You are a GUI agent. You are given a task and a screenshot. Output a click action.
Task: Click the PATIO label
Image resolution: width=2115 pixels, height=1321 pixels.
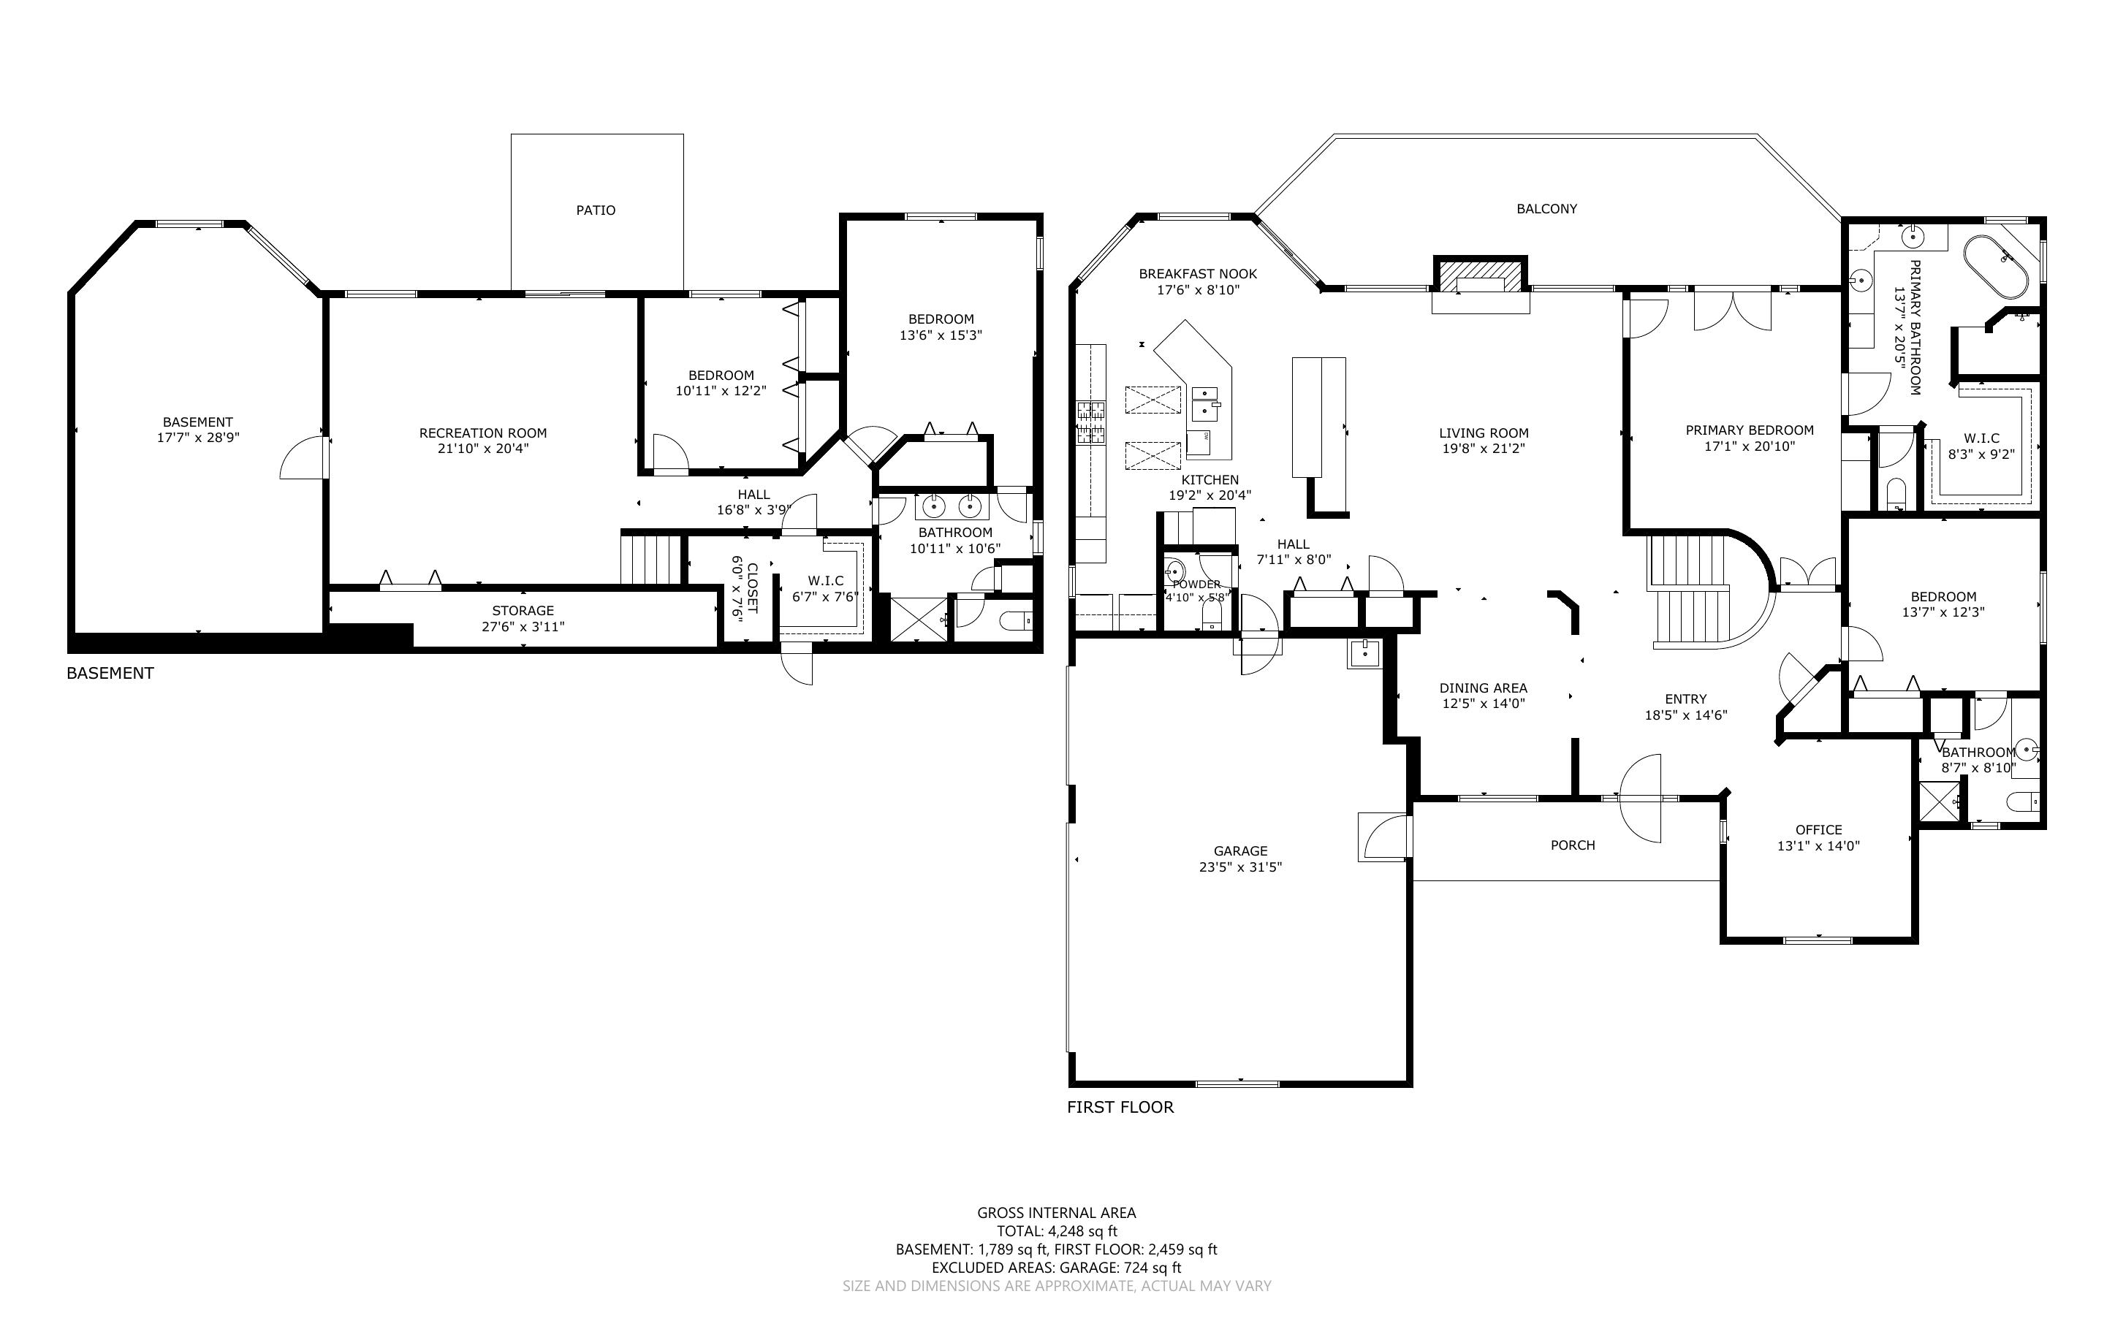(596, 210)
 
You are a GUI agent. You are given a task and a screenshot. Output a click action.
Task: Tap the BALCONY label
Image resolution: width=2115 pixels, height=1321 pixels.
(1546, 209)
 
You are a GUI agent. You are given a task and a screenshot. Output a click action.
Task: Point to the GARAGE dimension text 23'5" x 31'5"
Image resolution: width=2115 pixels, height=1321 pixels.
(1240, 867)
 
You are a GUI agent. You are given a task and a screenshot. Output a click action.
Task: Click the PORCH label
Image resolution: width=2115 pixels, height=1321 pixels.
(1573, 845)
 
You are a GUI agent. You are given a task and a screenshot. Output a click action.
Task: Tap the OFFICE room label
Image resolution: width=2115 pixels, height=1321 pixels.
(1819, 830)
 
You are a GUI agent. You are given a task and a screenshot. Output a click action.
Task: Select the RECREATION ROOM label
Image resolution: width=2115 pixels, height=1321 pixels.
(483, 433)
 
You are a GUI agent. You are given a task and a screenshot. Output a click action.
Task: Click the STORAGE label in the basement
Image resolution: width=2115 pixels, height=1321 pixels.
(523, 611)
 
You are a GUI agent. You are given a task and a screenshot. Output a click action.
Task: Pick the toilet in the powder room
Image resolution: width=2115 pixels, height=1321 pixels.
(1212, 615)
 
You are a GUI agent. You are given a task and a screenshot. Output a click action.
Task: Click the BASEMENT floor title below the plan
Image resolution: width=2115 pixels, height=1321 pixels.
(110, 673)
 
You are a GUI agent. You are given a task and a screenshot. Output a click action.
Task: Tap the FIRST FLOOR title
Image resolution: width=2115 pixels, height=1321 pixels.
(1120, 1107)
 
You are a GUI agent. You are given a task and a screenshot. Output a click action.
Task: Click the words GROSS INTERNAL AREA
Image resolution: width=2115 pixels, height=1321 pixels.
(1056, 1213)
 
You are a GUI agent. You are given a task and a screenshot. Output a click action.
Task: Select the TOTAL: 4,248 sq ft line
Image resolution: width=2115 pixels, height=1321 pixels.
(1057, 1231)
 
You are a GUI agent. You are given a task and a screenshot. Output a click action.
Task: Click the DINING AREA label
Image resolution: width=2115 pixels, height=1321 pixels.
(1484, 688)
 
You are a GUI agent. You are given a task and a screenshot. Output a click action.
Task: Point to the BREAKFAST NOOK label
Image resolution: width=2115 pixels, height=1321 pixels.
(1198, 273)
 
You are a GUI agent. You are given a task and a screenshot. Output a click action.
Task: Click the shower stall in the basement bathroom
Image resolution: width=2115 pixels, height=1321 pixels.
(918, 620)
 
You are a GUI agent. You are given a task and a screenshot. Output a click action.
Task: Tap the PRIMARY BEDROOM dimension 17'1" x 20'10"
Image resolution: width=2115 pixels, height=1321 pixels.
(1750, 446)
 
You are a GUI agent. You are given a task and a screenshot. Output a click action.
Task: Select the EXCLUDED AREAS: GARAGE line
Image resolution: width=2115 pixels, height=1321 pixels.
(1056, 1268)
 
